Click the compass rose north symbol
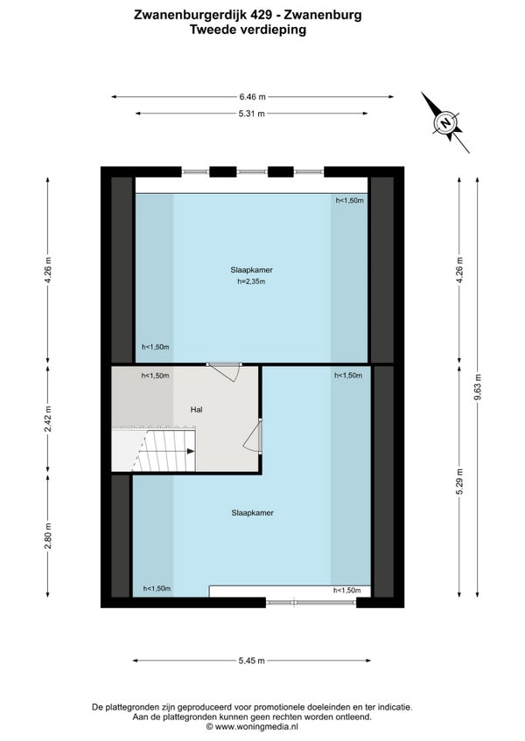pyautogui.click(x=445, y=122)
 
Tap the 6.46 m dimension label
pyautogui.click(x=252, y=97)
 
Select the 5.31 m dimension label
pyautogui.click(x=252, y=114)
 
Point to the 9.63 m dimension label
pyautogui.click(x=477, y=387)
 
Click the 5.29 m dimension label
pyautogui.click(x=459, y=481)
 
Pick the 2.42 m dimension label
pyautogui.click(x=48, y=419)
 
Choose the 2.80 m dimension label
pyautogui.click(x=48, y=537)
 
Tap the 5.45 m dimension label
pyautogui.click(x=252, y=661)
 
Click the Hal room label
pyautogui.click(x=197, y=410)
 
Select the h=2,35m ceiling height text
pyautogui.click(x=251, y=281)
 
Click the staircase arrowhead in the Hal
pyautogui.click(x=191, y=451)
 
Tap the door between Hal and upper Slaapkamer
pyautogui.click(x=224, y=371)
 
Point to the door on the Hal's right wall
pyautogui.click(x=253, y=436)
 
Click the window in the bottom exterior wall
pyautogui.click(x=311, y=603)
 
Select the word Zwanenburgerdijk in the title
pyautogui.click(x=203, y=15)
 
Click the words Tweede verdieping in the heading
pyautogui.click(x=248, y=30)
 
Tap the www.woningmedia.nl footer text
pyautogui.click(x=256, y=727)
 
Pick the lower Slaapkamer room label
pyautogui.click(x=252, y=513)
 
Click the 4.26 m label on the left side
pyautogui.click(x=48, y=270)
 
